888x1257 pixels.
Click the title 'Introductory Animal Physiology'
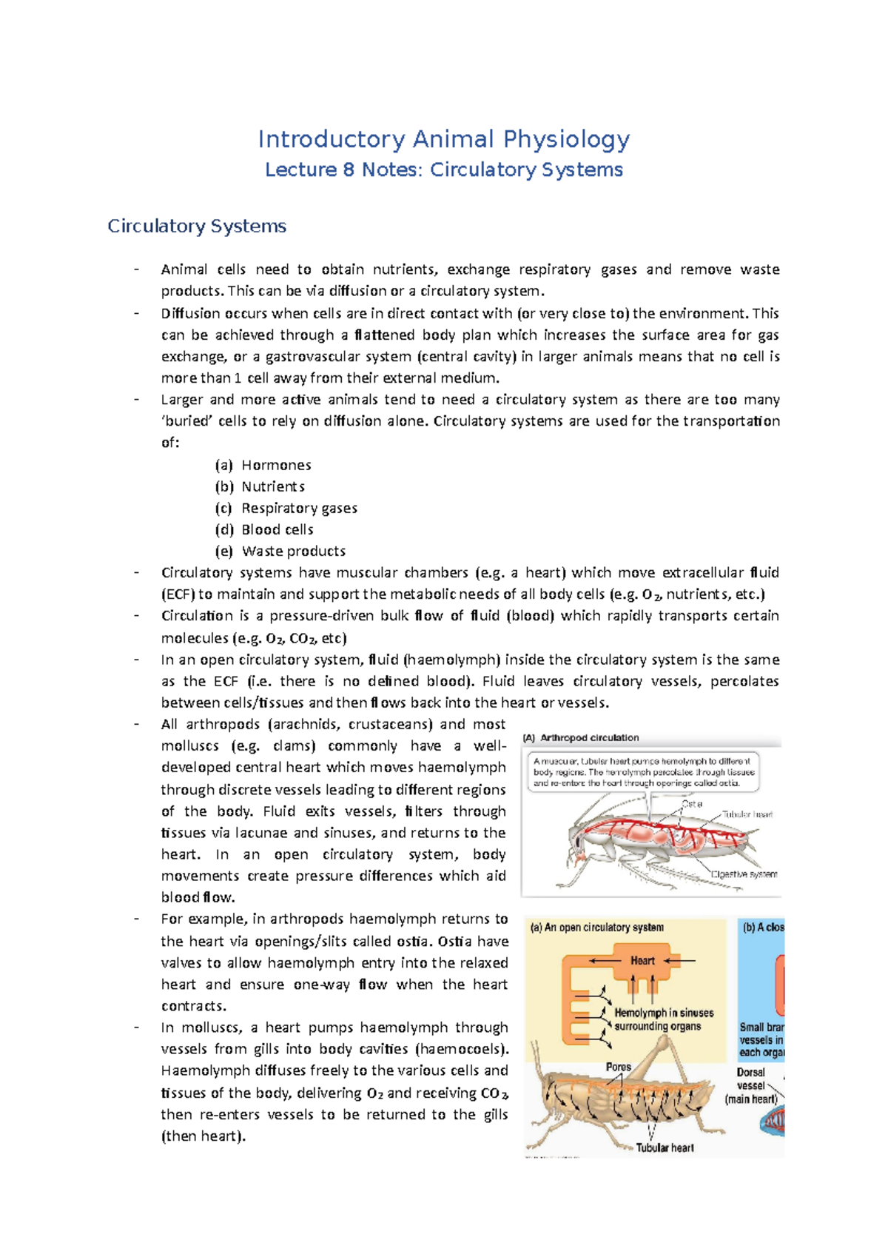[443, 139]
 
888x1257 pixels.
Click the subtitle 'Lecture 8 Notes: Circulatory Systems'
[443, 170]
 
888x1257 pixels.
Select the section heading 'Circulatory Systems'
[197, 226]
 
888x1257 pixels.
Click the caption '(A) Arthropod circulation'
[581, 737]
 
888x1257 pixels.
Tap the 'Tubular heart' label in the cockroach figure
[747, 814]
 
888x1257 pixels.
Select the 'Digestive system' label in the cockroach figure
[744, 874]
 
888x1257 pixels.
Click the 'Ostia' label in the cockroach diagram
[692, 803]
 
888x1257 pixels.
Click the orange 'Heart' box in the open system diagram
[642, 960]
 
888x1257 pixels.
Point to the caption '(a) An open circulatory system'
[596, 927]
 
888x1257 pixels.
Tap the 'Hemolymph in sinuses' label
[664, 1013]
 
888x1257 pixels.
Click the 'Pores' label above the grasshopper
[618, 1067]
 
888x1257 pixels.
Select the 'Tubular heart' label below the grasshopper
[665, 1147]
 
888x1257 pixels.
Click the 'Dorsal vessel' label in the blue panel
[751, 1079]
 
